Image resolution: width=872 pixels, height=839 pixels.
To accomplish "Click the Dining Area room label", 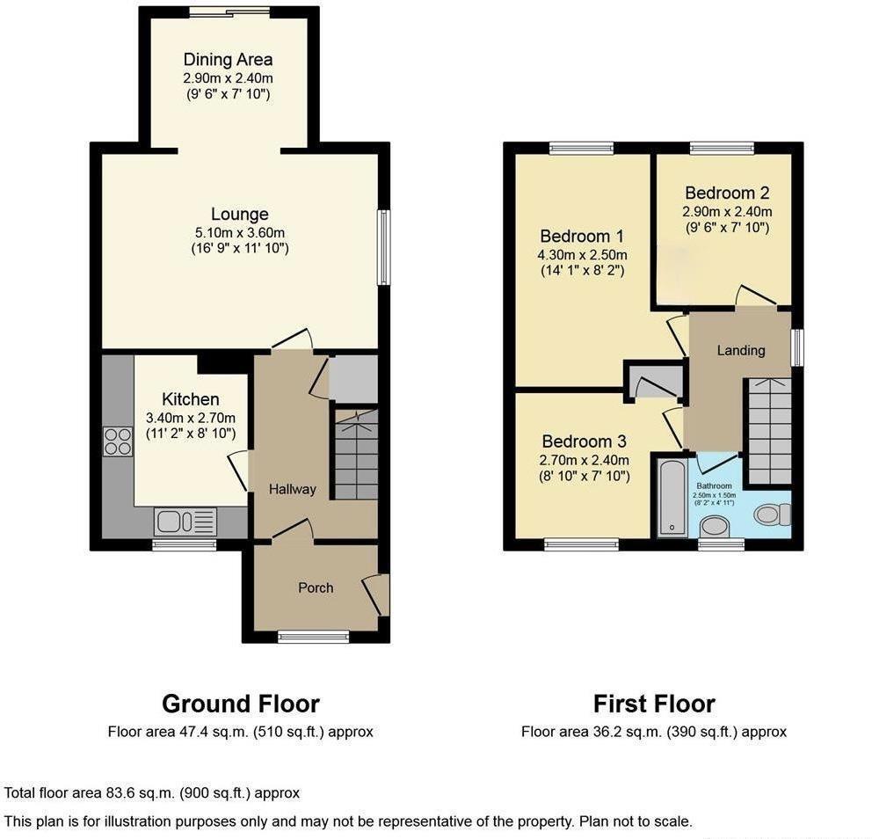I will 228,60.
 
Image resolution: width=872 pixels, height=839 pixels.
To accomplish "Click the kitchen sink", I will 185,522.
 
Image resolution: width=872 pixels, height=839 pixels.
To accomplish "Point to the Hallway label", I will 292,489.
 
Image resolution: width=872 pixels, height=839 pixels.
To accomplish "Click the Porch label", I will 316,587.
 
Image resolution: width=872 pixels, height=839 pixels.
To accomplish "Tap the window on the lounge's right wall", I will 383,247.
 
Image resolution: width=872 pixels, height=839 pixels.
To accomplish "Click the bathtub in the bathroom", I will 672,496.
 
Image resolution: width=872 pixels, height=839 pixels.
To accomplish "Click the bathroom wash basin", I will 713,526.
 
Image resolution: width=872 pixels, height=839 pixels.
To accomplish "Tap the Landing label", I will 741,350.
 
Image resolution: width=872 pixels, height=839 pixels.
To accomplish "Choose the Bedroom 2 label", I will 727,193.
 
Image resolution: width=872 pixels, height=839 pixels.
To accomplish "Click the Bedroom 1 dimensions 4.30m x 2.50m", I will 582,254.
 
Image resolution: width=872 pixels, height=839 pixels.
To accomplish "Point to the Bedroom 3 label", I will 585,441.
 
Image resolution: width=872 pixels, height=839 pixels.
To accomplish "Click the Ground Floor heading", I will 240,704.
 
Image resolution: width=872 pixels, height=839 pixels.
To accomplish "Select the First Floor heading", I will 654,704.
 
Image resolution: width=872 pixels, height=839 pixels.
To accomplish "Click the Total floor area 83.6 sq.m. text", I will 152,792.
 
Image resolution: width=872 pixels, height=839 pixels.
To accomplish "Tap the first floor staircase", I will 769,431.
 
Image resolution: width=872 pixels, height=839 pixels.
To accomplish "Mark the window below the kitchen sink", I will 184,545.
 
